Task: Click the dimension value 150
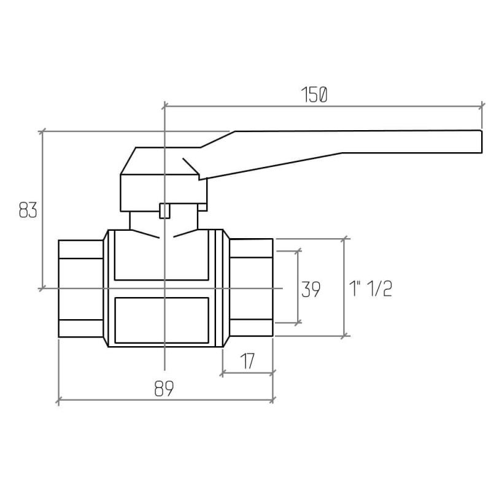(314, 95)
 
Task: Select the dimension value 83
(28, 210)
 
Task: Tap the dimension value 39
(311, 289)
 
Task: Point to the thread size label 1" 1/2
(371, 288)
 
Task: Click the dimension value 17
(248, 361)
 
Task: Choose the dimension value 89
(164, 389)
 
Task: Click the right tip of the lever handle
(481, 142)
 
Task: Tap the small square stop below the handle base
(164, 211)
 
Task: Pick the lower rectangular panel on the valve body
(161, 320)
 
